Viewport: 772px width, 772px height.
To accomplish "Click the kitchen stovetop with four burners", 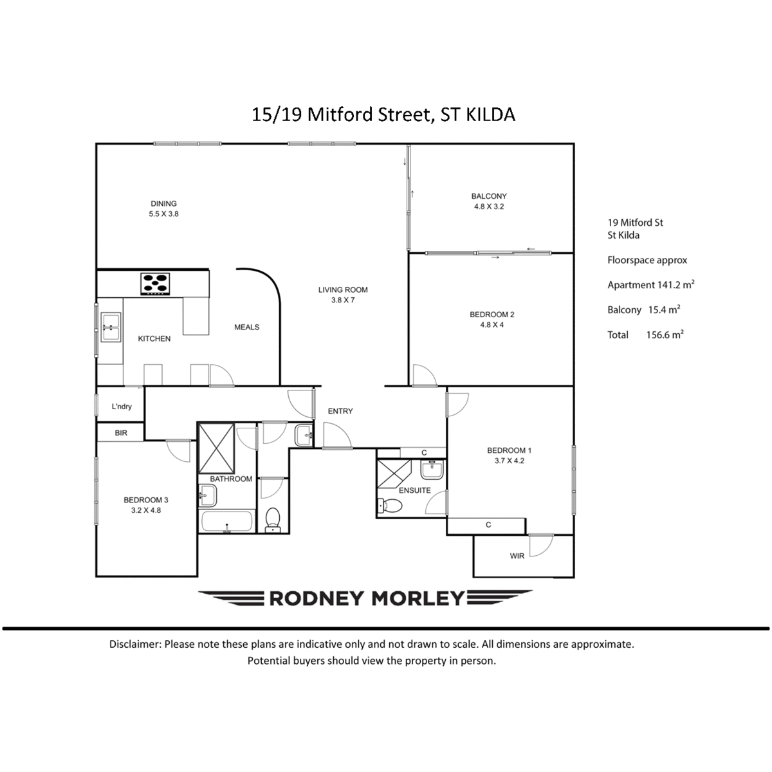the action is click(x=154, y=284).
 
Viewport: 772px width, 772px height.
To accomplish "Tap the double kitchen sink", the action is click(x=110, y=327).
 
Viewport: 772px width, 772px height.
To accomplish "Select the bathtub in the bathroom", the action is click(x=226, y=521).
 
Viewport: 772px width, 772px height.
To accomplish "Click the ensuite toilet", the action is click(x=390, y=505).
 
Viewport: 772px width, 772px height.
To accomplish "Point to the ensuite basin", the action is click(x=432, y=470).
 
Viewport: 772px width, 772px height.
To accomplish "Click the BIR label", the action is click(x=120, y=433).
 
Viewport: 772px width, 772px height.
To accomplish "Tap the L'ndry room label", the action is click(x=122, y=406).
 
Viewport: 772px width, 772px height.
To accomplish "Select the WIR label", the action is click(x=517, y=556).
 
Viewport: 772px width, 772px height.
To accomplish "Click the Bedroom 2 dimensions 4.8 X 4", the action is click(x=492, y=324).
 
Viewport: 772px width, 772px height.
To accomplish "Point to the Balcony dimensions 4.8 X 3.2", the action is click(x=489, y=207).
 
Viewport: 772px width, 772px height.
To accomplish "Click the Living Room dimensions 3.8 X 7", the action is click(x=342, y=300).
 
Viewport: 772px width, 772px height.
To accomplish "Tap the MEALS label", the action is click(x=246, y=327).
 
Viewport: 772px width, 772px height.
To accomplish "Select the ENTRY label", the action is click(x=340, y=411).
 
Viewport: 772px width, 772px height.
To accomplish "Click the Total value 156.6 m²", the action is click(x=665, y=335).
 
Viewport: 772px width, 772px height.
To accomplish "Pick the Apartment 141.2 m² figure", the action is click(x=650, y=284).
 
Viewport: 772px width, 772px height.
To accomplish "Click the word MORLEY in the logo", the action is click(x=418, y=598).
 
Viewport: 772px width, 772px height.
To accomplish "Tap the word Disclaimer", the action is click(x=135, y=644).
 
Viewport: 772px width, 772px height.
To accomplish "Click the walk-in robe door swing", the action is click(x=541, y=546).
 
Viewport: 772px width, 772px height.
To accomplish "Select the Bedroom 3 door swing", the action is click(x=178, y=451).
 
